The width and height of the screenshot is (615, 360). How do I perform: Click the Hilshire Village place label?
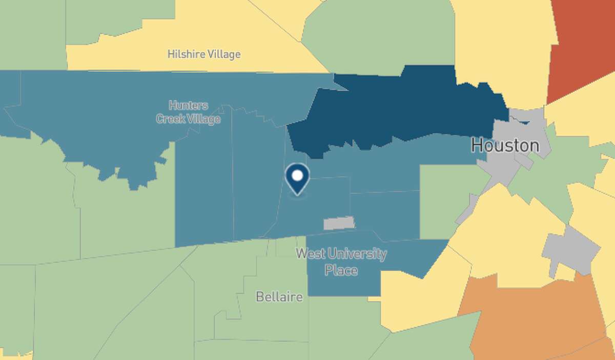tap(204, 54)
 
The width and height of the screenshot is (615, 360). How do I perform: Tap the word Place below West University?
tap(341, 270)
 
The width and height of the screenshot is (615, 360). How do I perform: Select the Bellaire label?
tap(279, 297)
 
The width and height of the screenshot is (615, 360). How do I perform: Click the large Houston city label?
tap(505, 146)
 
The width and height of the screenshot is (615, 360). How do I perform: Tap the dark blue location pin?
tap(297, 178)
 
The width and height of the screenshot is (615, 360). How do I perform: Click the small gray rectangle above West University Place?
tap(339, 223)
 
